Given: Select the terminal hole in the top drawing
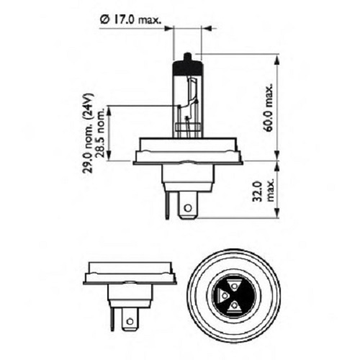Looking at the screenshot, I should coord(188,208).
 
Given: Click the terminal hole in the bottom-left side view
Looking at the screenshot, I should coord(130,316).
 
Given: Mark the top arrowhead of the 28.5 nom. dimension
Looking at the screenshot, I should coord(109,107).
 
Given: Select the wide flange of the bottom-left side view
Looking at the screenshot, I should coord(130,273).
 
